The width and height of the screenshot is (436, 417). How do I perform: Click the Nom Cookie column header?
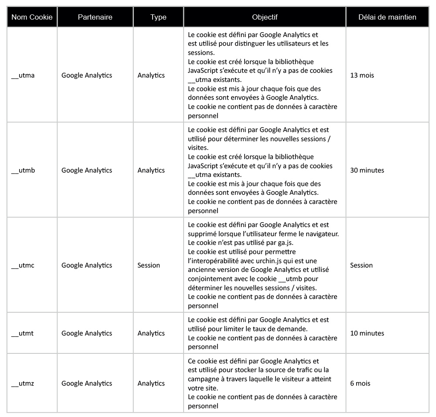point(32,17)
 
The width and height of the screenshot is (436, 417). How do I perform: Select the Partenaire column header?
point(95,17)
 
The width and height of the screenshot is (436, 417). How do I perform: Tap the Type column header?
point(158,17)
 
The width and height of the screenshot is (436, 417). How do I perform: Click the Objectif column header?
point(265,17)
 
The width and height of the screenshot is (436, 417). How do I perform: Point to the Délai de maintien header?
point(387,17)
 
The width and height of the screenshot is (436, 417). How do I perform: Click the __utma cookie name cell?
point(23,75)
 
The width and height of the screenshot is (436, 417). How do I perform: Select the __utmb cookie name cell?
point(23,170)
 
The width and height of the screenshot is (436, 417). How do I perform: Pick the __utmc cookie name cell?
point(23,265)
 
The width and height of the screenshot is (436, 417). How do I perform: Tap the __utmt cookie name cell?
point(22,333)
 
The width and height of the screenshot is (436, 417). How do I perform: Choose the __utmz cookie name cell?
point(23,383)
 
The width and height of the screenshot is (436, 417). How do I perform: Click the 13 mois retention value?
point(362,75)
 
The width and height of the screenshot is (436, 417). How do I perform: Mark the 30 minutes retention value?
point(367,170)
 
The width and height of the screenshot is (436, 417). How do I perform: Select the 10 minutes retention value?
point(367,333)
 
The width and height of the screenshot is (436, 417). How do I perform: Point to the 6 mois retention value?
point(360,383)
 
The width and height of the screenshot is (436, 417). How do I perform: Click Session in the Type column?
point(149,265)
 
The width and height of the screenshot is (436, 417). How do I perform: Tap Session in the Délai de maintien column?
point(361,265)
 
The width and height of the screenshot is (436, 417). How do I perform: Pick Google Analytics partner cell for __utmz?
point(87,383)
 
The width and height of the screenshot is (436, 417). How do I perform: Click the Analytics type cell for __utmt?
point(151,333)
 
